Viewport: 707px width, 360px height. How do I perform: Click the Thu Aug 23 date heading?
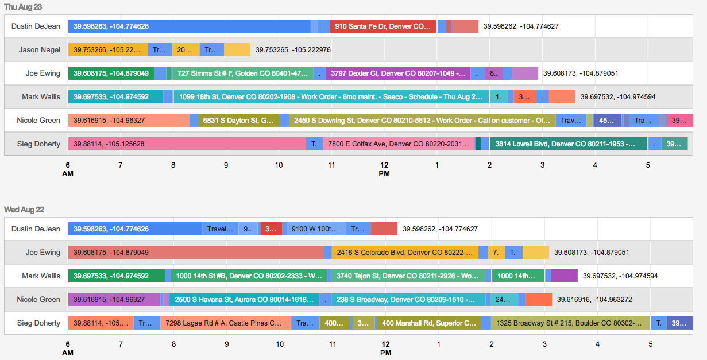22,7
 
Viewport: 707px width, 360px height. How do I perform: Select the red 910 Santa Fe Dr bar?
383,26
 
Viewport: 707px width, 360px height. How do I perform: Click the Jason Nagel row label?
39,50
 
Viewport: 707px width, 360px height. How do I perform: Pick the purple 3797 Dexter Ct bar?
398,73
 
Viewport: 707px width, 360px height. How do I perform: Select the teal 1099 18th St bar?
331,97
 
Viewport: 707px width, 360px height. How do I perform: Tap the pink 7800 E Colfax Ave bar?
399,144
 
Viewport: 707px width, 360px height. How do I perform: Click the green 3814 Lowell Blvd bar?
569,144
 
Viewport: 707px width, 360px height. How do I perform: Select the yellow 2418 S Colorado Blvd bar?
405,252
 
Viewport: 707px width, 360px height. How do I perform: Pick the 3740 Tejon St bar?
408,276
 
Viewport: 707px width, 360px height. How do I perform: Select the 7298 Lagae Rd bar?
226,323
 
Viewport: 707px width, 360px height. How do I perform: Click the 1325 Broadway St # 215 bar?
570,323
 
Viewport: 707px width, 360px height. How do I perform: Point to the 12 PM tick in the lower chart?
385,348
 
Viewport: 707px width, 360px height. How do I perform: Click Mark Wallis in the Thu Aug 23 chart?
41,97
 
